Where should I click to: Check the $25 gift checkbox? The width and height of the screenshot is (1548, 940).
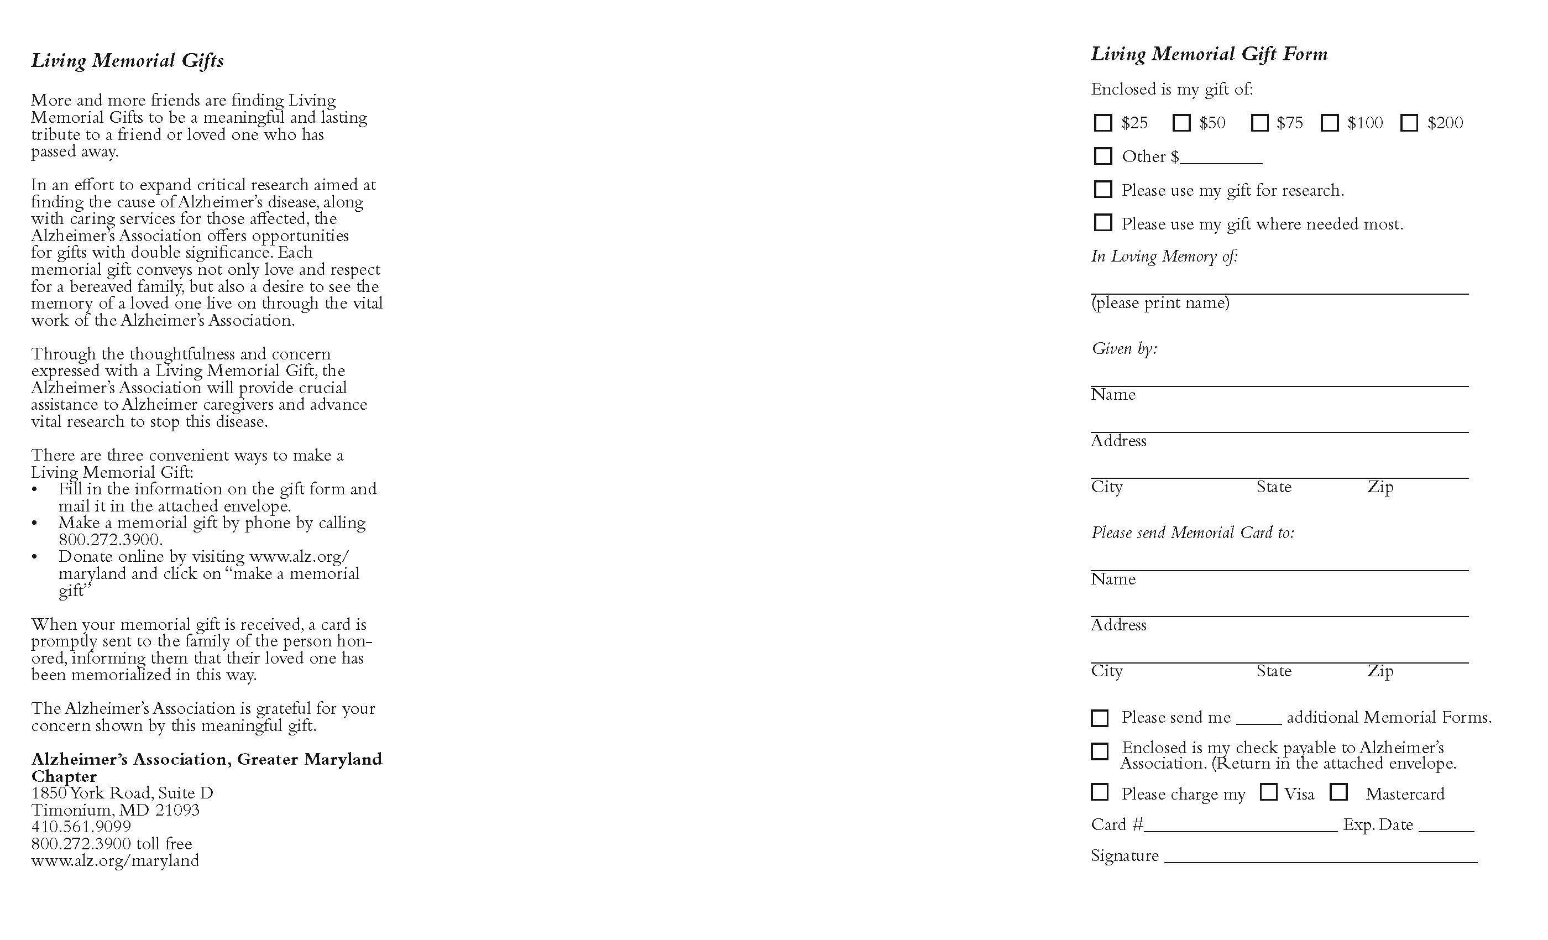[x=1102, y=123]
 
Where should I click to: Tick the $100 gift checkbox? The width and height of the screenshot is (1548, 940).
[x=1330, y=123]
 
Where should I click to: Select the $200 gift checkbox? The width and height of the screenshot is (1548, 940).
[x=1409, y=123]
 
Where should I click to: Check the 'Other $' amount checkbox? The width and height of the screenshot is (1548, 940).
[x=1102, y=156]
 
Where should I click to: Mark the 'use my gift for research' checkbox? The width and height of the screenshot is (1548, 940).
[x=1102, y=189]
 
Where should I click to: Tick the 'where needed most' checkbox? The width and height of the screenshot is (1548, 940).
[x=1102, y=222]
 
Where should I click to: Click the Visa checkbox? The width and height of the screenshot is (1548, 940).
[x=1268, y=792]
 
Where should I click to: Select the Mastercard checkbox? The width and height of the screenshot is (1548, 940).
[x=1339, y=792]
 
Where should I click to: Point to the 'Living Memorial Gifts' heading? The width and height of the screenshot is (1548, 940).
[x=128, y=60]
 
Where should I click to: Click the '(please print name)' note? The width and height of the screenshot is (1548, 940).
[x=1160, y=303]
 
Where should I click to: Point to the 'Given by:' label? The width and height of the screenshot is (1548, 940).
[x=1125, y=348]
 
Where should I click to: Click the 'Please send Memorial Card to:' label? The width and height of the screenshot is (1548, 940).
[x=1193, y=533]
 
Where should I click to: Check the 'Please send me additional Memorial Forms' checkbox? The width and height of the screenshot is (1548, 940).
[x=1100, y=718]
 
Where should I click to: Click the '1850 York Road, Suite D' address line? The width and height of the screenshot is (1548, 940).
[x=123, y=793]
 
